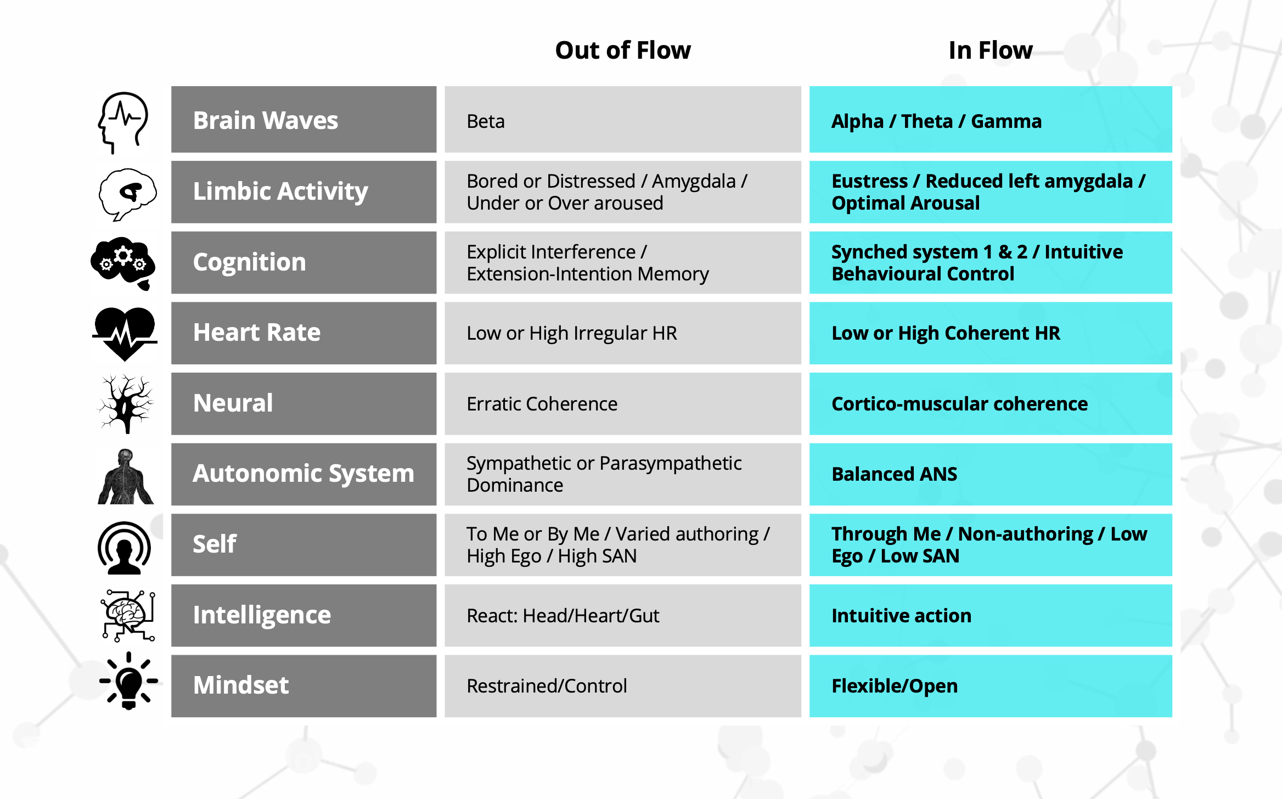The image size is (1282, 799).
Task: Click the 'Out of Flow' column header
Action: coord(623,50)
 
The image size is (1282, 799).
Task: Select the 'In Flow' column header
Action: coord(991,50)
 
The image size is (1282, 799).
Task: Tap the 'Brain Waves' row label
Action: coord(303,120)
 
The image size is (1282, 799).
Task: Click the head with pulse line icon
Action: coord(123,122)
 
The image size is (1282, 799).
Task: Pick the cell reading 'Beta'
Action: coord(623,120)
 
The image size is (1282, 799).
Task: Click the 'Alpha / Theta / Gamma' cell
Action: coord(991,120)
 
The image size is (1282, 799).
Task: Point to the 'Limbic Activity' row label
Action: coord(303,192)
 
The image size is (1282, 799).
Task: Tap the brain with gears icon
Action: coord(123,263)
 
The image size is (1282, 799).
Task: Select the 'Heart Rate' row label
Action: coord(303,333)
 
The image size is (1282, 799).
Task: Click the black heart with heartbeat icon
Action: coord(125,333)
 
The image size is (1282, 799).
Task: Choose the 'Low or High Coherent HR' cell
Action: coord(991,333)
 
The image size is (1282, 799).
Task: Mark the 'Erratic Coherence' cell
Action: coord(623,404)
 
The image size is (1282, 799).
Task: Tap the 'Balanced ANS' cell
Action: coord(991,474)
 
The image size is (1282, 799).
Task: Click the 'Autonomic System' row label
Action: coord(303,474)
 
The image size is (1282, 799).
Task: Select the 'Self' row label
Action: coord(303,545)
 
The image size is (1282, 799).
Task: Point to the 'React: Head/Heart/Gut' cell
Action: coord(623,615)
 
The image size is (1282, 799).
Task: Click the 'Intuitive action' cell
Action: coord(991,615)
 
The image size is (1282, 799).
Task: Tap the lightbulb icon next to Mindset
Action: coord(129,681)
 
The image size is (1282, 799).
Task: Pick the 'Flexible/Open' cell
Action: coord(991,686)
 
